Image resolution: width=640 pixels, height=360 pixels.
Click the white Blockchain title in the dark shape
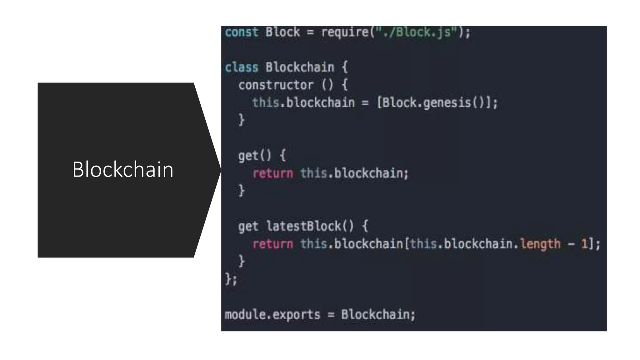(123, 170)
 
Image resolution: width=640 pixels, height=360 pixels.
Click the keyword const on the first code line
(242, 32)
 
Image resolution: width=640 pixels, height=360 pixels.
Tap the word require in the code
(345, 32)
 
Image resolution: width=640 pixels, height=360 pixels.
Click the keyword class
(242, 67)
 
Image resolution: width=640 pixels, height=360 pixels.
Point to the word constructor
(276, 85)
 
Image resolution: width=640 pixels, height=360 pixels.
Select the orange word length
(540, 244)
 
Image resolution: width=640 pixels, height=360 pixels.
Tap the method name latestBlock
(303, 226)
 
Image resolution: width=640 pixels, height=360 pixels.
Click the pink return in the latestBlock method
(273, 244)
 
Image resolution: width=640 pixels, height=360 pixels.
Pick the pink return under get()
(273, 173)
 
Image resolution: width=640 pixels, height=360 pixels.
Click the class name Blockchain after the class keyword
(300, 67)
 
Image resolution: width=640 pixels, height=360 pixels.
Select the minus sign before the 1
(571, 244)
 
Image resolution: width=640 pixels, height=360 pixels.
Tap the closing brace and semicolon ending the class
(231, 279)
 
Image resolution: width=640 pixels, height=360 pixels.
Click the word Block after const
(282, 32)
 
